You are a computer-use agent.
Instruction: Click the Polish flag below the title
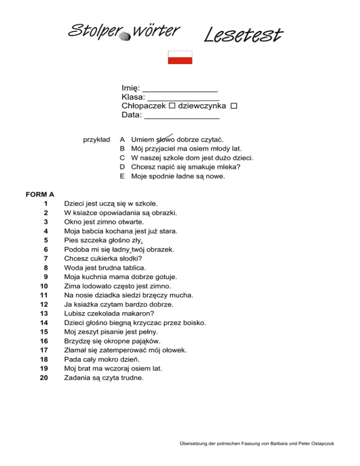[x=180, y=57]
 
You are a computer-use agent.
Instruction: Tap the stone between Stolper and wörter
[x=125, y=36]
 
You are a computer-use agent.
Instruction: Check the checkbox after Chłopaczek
[x=172, y=106]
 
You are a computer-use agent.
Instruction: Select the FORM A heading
[x=40, y=194]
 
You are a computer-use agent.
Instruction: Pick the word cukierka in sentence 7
[x=105, y=258]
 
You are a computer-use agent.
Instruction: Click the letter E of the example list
[x=122, y=176]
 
